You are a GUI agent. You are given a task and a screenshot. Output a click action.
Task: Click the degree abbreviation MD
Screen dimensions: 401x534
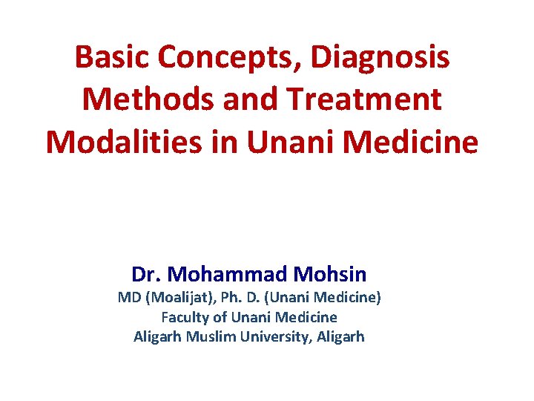(127, 299)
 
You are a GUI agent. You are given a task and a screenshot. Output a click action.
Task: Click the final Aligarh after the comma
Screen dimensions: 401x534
(340, 336)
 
